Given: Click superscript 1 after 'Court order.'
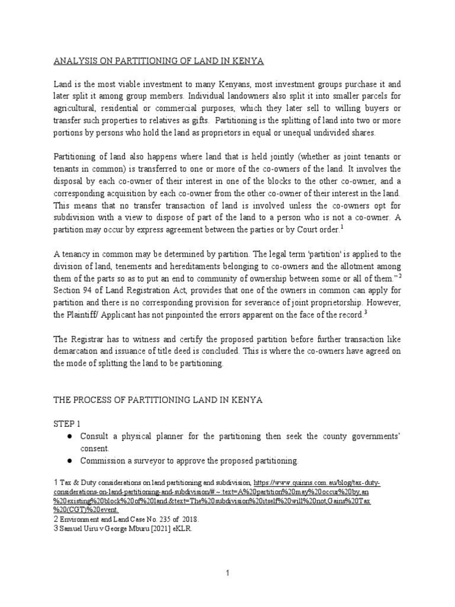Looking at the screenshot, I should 341,226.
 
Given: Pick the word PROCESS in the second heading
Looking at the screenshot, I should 91,401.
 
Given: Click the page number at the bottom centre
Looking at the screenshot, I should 227,574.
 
